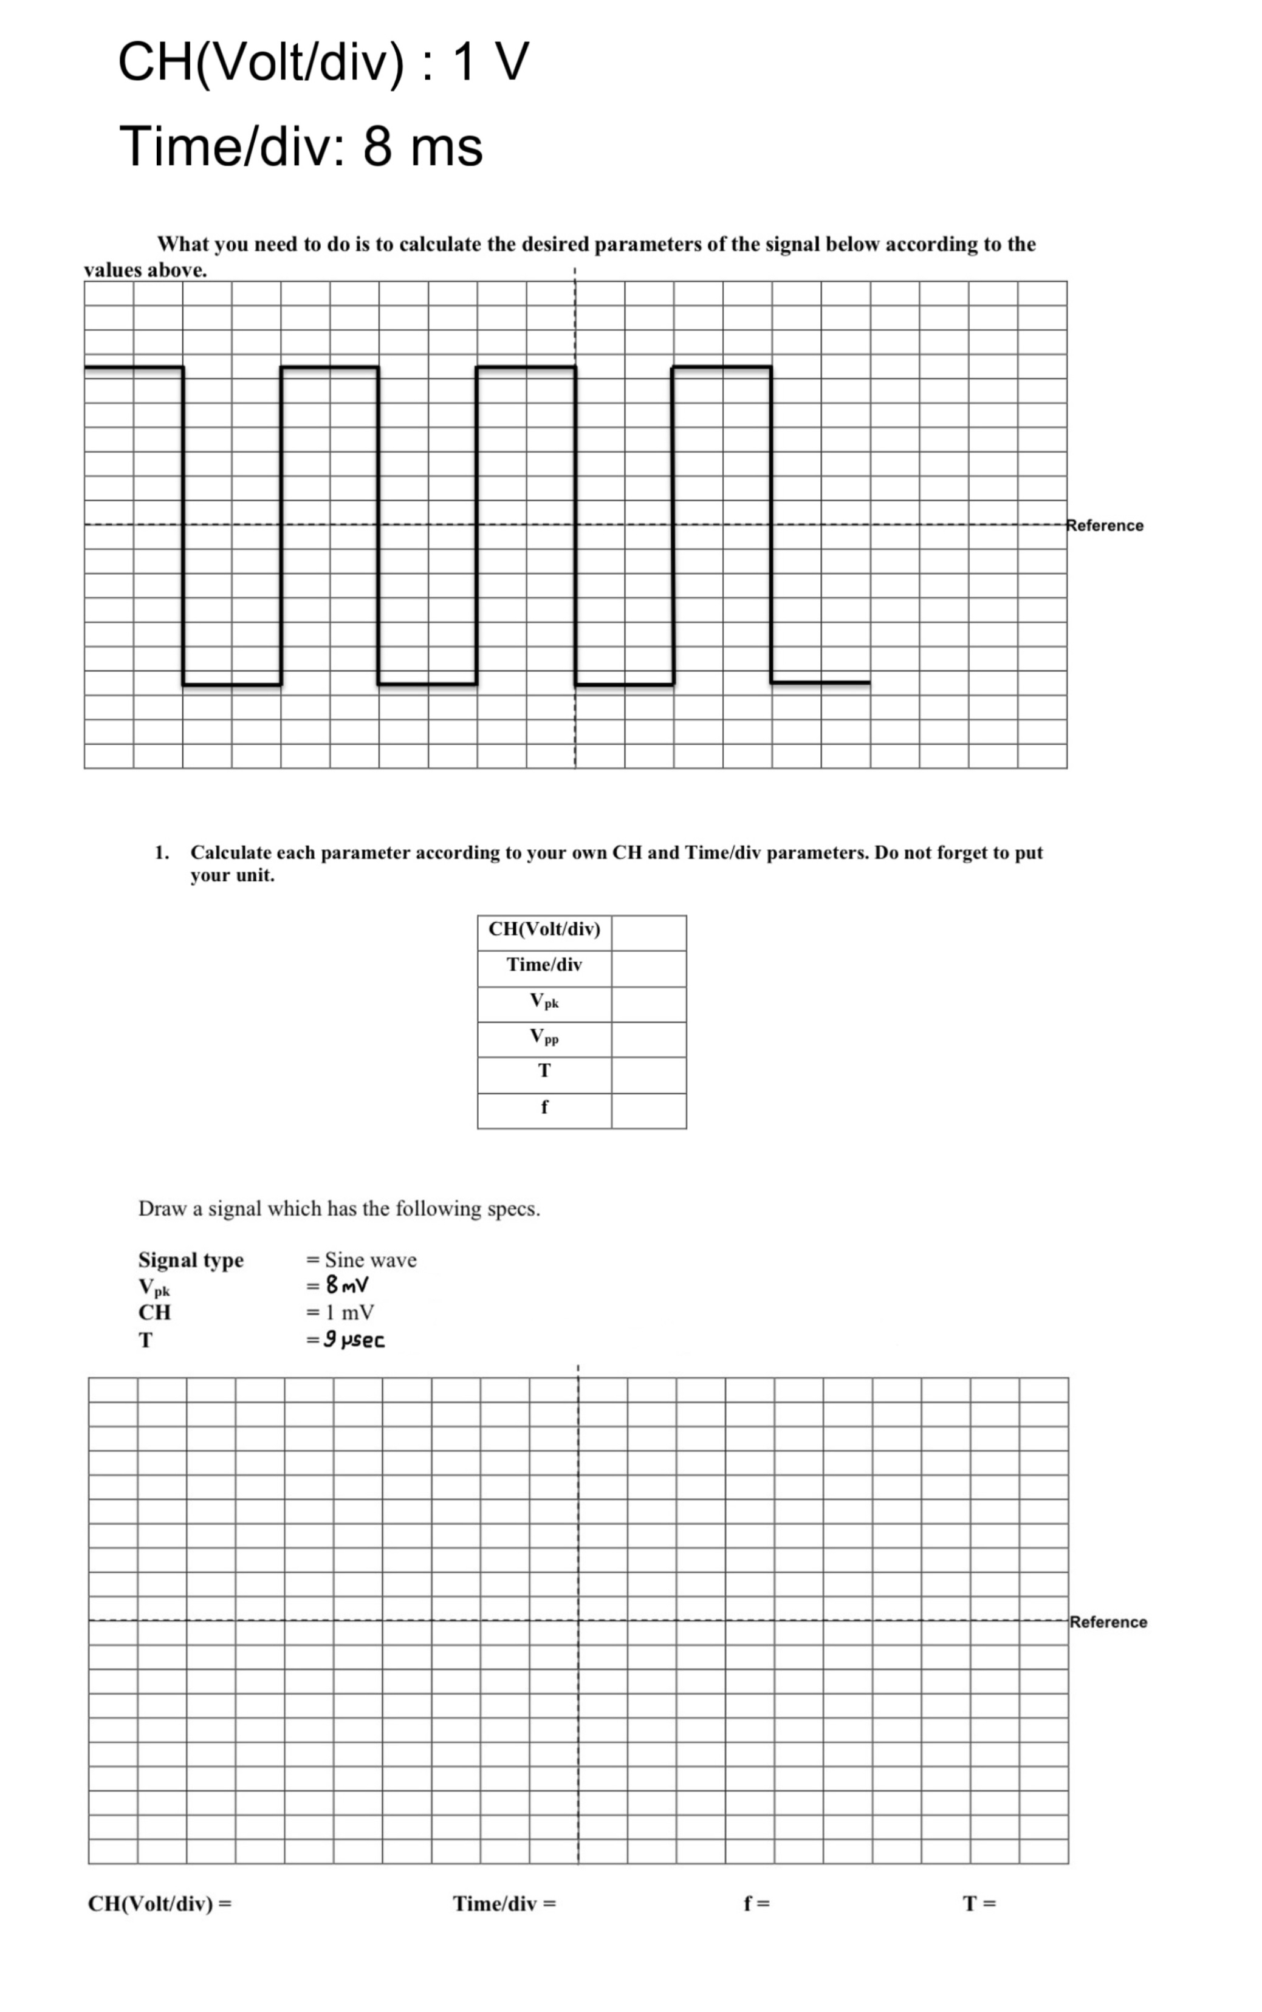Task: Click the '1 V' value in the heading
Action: [491, 62]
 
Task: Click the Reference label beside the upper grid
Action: [1105, 525]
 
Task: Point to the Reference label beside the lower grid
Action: [1108, 1621]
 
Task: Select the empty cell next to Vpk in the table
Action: [648, 1005]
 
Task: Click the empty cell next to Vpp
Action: [648, 1040]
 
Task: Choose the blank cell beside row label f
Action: [648, 1110]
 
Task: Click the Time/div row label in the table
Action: [544, 965]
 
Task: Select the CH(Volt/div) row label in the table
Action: [544, 929]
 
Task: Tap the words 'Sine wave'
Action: [371, 1260]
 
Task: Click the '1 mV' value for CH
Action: [350, 1313]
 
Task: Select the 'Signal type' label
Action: [191, 1260]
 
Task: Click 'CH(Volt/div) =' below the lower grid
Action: [159, 1903]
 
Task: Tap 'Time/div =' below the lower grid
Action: [504, 1903]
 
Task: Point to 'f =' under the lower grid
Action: [757, 1903]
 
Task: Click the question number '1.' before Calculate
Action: [162, 853]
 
